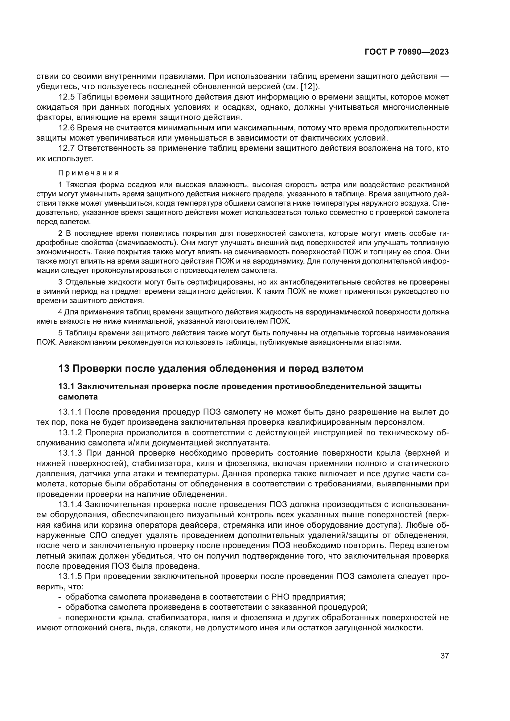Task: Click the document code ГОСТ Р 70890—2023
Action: [x=407, y=52]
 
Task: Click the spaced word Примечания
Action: [x=88, y=173]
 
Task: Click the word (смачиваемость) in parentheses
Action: [x=146, y=243]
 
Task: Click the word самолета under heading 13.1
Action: [x=78, y=397]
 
